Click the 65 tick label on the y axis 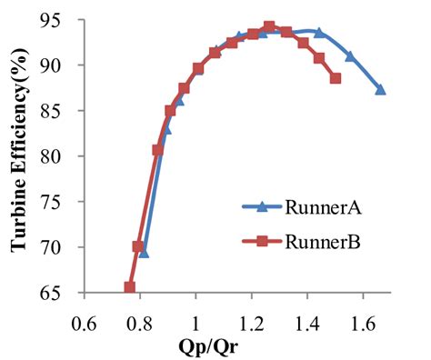coord(68,293)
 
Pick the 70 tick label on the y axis coord(68,247)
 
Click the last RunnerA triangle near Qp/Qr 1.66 coord(380,90)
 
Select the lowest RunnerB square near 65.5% coord(130,287)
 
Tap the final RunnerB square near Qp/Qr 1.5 coord(336,78)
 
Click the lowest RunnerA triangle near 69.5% coord(144,252)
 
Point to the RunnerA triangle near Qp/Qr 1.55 coord(349,56)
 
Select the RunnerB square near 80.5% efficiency coord(158,151)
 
